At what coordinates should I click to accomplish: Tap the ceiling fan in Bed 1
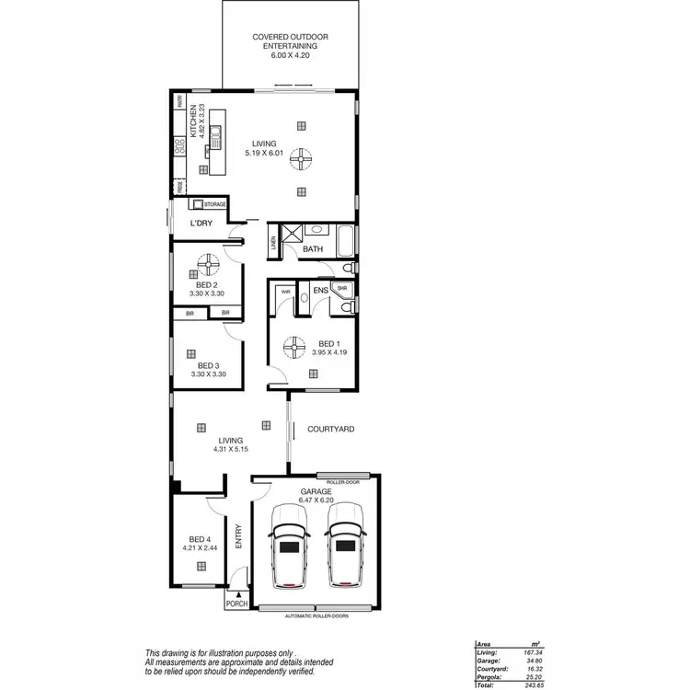pos(293,347)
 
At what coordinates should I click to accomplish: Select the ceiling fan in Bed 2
pos(206,267)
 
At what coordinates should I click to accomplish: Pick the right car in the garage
pos(345,555)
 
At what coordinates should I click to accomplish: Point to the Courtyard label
pos(330,429)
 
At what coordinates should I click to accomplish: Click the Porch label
pos(236,604)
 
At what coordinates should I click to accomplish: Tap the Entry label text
pos(239,536)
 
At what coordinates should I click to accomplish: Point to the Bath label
pos(313,249)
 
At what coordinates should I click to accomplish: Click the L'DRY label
pos(201,224)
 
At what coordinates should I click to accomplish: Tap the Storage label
pos(215,203)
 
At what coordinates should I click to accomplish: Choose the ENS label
pos(320,292)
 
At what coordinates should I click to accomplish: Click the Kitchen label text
pos(192,120)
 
